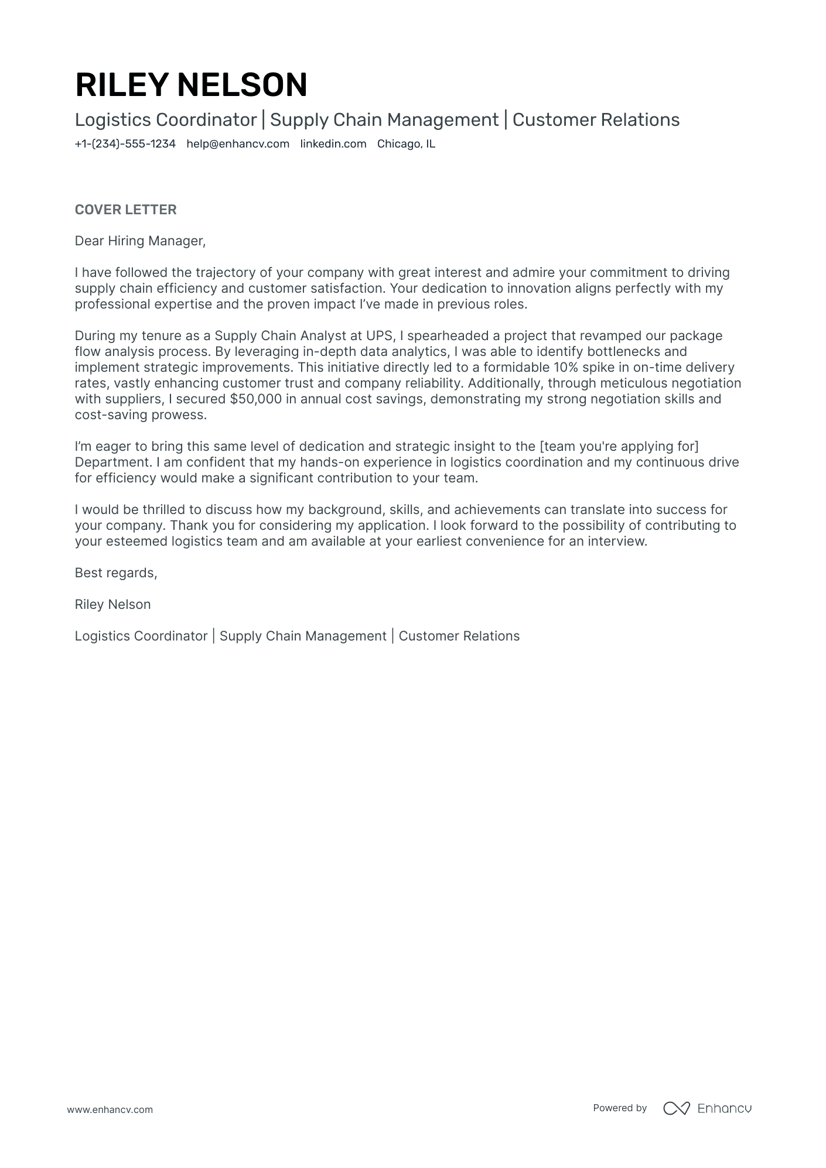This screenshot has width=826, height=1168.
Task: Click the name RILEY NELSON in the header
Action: tap(191, 84)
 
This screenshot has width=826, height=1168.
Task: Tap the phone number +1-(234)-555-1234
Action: tap(125, 144)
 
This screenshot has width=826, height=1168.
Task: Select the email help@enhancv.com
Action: tap(238, 144)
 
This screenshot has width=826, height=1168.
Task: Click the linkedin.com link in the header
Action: tap(333, 144)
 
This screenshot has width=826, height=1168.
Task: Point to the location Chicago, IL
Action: tap(406, 144)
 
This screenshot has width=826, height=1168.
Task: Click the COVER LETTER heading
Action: tap(125, 210)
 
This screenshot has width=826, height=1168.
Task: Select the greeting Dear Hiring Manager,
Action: tap(140, 241)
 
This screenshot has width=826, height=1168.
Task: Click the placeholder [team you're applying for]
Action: tap(619, 447)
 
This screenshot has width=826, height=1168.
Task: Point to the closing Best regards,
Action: tap(116, 573)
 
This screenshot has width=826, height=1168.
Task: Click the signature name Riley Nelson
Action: tap(112, 605)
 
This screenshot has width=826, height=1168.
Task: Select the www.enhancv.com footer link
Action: tap(110, 1109)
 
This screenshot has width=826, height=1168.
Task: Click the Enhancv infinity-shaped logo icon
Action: tap(676, 1108)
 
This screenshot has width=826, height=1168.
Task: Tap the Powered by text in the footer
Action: tap(619, 1108)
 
